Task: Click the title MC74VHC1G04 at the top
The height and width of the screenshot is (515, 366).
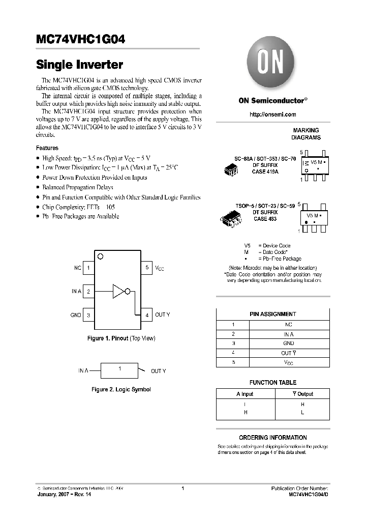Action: pos(80,39)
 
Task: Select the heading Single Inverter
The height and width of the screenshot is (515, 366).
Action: pos(79,65)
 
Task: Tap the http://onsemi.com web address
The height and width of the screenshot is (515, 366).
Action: pos(272,115)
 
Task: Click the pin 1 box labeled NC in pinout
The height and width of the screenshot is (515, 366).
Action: pos(88,268)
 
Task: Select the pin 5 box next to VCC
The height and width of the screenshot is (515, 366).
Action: pos(146,268)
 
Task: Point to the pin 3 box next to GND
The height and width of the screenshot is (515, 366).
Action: pos(88,315)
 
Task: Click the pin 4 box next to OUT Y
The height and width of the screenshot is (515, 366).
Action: pos(146,315)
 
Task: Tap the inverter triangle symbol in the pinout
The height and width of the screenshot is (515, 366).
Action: pos(118,291)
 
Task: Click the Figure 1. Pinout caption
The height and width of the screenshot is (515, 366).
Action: pos(121,338)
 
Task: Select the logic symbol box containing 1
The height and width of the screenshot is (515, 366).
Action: pos(119,370)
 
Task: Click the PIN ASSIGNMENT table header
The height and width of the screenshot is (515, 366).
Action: pos(273,314)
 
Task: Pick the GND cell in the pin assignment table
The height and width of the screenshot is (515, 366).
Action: pos(288,344)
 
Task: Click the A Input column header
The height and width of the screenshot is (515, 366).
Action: pos(245,394)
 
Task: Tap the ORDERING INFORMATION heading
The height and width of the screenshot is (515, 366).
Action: pos(273,438)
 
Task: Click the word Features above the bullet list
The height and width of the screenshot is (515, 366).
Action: pos(47,148)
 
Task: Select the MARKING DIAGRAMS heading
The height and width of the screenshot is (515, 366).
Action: pos(306,134)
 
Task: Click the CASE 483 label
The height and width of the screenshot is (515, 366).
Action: pos(265,219)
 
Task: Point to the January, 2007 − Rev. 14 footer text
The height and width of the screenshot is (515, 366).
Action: pos(63,494)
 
